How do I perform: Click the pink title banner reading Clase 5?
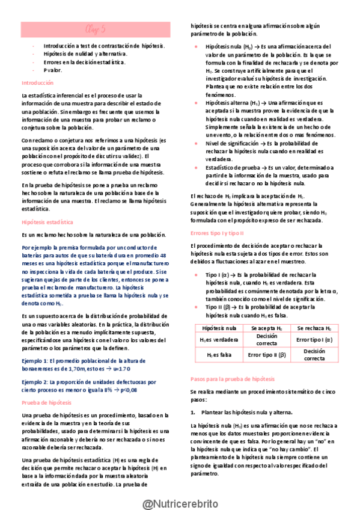pos(96,28)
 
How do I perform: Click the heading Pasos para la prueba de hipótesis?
pos(232,379)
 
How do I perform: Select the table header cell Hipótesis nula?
pos(219,328)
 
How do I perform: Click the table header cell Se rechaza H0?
pos(313,328)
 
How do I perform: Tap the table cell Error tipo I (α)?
pos(313,340)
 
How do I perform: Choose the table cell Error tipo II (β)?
pos(266,355)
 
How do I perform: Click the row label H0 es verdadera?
pos(219,340)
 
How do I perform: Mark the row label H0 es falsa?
pos(219,355)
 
